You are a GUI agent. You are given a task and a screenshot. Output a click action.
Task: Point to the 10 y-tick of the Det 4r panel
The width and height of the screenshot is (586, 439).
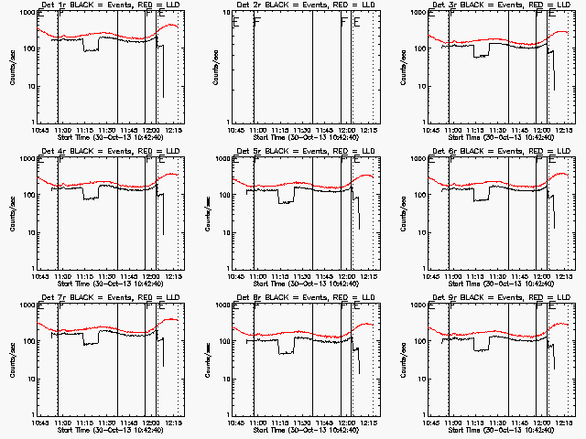[30, 233]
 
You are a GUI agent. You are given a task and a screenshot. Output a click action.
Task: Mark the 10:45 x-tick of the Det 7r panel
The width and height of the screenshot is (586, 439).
[39, 423]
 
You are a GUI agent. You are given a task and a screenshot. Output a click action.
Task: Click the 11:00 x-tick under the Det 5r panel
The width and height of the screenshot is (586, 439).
[257, 277]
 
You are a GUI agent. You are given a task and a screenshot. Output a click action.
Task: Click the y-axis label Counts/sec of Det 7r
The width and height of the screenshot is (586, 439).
[12, 361]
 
